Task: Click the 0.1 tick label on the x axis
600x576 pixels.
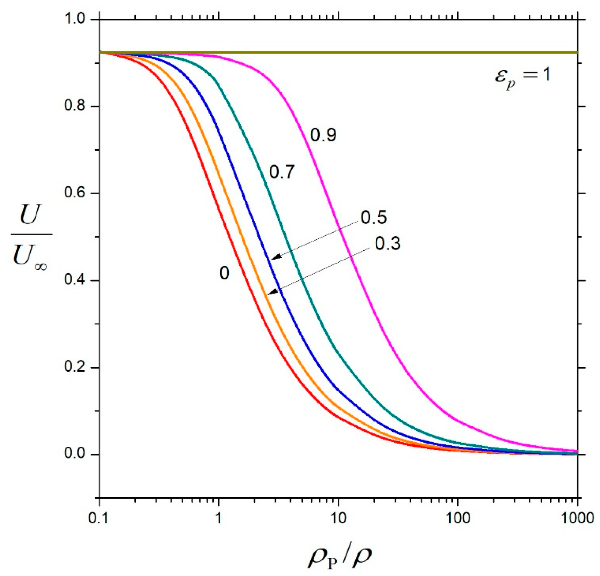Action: pos(99,518)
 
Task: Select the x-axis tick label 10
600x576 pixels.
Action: pos(338,518)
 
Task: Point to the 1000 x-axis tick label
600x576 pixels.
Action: pos(577,518)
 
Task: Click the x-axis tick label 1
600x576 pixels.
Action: pos(218,518)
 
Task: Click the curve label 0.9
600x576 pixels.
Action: pos(323,135)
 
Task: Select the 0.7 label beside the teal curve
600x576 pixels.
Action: pos(282,172)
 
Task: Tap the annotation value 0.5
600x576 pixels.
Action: pos(374,217)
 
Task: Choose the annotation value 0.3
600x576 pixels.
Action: pos(388,244)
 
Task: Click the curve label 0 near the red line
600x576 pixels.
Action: pos(224,273)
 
